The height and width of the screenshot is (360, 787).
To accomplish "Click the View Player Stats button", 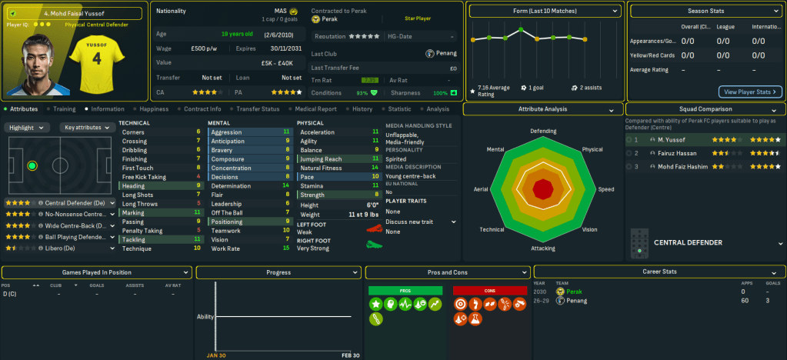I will (x=750, y=92).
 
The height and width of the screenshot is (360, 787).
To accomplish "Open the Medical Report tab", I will (x=315, y=109).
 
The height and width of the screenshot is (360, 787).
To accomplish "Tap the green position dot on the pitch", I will (x=32, y=165).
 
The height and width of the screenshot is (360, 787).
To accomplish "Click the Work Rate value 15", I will (x=286, y=248).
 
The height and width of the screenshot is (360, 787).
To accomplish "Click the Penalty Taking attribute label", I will (x=142, y=230).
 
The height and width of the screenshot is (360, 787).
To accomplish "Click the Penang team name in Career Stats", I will (x=577, y=301).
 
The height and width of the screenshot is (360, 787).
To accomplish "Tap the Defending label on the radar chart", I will (x=543, y=132).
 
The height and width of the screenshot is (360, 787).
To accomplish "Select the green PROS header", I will (x=405, y=290).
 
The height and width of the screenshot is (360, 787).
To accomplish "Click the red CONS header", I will (x=489, y=290).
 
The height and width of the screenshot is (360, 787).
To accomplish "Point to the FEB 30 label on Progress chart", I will (x=350, y=355).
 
